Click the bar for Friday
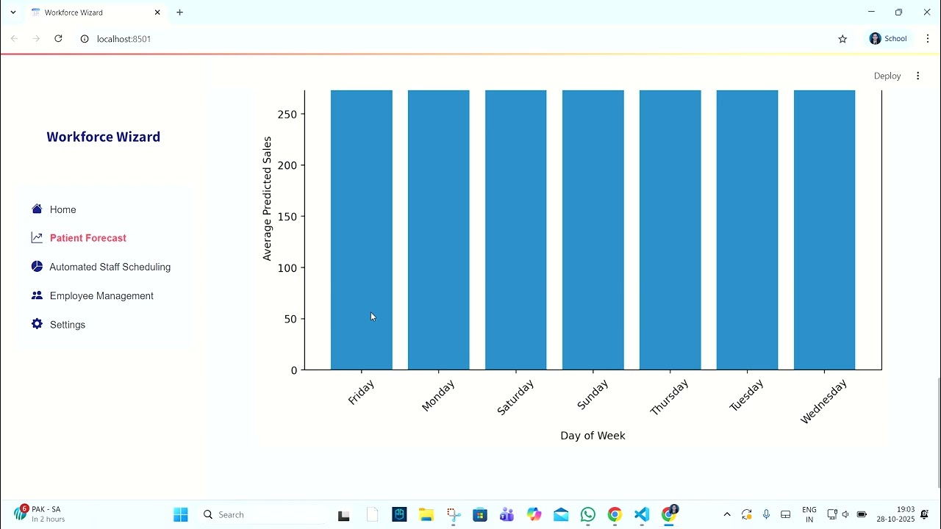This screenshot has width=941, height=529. [361, 229]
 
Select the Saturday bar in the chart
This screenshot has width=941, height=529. [515, 229]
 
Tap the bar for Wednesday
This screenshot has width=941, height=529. [824, 229]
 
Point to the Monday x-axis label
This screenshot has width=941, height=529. [439, 396]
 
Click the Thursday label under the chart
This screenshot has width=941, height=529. [670, 397]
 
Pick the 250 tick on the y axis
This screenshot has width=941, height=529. [287, 115]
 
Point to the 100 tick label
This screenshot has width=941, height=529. [287, 268]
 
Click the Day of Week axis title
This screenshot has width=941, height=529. [593, 436]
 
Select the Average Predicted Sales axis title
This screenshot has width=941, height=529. [267, 198]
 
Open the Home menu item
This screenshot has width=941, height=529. [62, 209]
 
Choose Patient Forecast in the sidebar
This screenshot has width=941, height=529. [87, 238]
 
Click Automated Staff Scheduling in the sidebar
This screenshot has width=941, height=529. [110, 267]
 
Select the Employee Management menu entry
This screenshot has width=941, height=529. [101, 295]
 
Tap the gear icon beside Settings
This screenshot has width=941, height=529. [37, 324]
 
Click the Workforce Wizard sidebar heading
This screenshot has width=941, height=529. [103, 137]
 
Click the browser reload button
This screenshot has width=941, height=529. [58, 38]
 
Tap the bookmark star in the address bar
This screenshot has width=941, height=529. [842, 39]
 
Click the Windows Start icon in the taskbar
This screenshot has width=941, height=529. [181, 515]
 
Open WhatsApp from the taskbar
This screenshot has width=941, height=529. [587, 515]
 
